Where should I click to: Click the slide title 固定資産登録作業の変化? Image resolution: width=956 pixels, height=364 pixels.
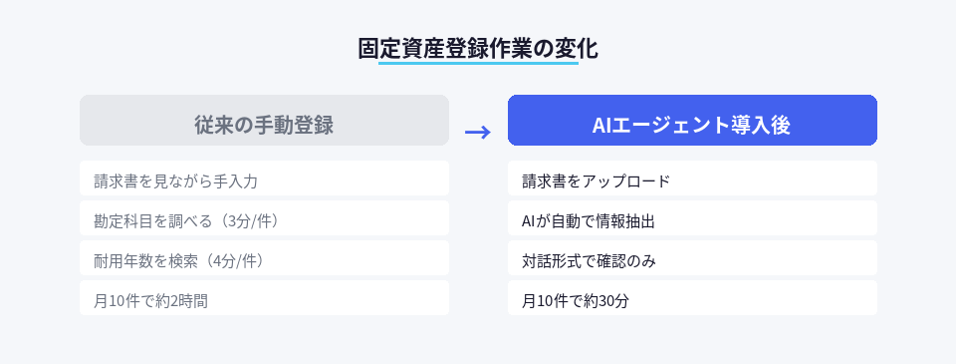(x=478, y=47)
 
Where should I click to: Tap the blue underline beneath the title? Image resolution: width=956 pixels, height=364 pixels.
(x=478, y=65)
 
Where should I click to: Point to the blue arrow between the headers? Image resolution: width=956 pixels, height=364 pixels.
(x=478, y=132)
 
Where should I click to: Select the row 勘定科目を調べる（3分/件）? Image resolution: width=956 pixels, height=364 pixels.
(x=264, y=219)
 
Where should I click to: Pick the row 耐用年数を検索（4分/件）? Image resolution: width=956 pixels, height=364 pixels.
(x=264, y=259)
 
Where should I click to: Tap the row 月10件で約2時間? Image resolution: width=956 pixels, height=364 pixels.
(x=264, y=299)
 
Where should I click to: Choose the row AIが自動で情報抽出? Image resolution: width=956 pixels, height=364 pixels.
(x=692, y=219)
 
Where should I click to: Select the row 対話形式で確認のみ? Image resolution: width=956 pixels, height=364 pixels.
(x=692, y=259)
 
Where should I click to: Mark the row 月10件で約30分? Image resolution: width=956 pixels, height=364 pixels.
(x=692, y=299)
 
